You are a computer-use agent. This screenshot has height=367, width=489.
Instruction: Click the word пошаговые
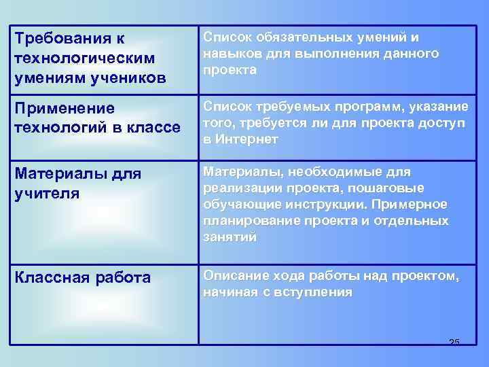point(393,188)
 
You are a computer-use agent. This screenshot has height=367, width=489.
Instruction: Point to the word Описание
point(235,276)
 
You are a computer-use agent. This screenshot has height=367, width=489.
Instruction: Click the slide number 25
point(454,341)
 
